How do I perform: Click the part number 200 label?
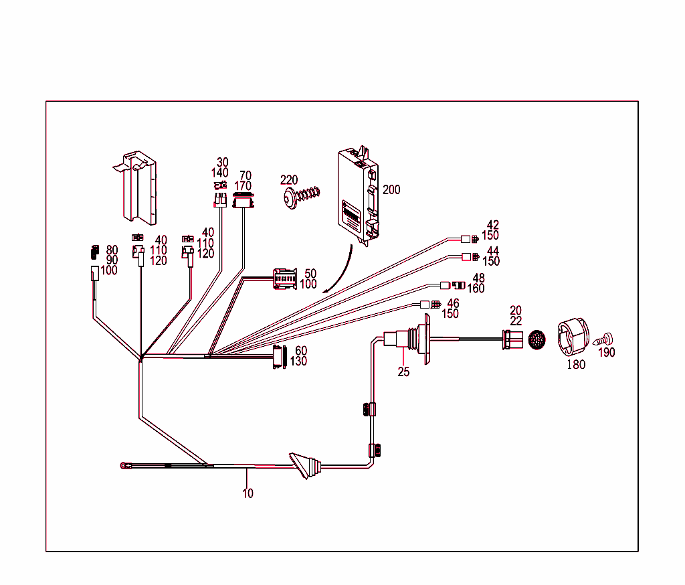391,190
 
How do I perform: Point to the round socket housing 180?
573,337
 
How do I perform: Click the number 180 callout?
576,365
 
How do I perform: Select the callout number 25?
403,372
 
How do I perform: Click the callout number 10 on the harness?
248,494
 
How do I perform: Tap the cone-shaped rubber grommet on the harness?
306,466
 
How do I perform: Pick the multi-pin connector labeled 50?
285,278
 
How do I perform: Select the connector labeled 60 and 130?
279,357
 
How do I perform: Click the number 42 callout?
493,226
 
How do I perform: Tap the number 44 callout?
493,251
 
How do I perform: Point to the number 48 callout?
479,278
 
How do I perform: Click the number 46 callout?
453,303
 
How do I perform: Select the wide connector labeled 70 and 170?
244,201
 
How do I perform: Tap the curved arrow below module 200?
341,271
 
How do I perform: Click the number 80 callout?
112,250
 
